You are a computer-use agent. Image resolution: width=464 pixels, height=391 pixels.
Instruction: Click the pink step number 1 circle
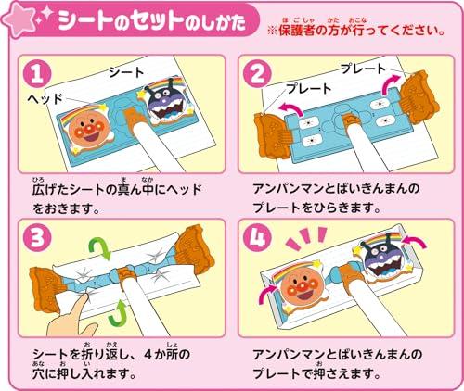(x=37, y=74)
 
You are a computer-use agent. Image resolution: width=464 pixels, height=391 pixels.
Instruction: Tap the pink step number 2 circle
(x=257, y=74)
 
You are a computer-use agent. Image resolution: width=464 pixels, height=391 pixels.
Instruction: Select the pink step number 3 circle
(x=37, y=238)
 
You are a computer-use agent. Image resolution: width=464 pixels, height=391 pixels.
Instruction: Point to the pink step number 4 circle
(x=257, y=238)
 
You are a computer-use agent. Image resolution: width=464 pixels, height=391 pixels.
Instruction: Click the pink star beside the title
(x=19, y=19)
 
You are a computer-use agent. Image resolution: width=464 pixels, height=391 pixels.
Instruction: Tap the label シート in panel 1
(x=126, y=72)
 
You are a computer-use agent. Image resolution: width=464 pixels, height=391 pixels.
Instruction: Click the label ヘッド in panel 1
(x=45, y=99)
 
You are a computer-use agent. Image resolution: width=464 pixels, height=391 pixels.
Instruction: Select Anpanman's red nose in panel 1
(x=88, y=129)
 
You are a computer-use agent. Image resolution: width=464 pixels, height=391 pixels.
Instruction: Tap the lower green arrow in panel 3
(x=118, y=313)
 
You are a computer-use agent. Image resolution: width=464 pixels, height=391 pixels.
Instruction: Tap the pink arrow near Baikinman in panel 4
(x=415, y=242)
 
